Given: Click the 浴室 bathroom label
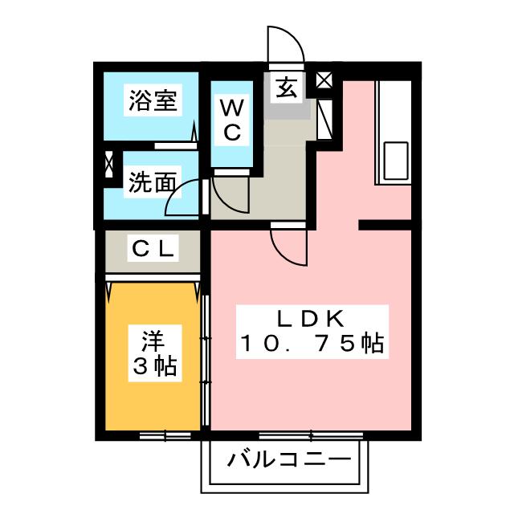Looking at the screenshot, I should [x=153, y=102].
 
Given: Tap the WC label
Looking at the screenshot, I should [x=231, y=120].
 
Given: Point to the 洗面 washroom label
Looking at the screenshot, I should [x=153, y=183].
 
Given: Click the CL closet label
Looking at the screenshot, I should [x=153, y=250].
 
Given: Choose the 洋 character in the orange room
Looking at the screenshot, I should [x=153, y=341].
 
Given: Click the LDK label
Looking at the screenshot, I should [x=312, y=316].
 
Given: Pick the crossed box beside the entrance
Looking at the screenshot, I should [x=324, y=80].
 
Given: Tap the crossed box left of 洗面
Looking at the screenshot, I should [x=109, y=165].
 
